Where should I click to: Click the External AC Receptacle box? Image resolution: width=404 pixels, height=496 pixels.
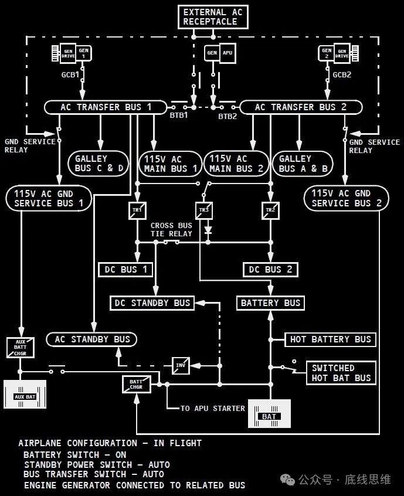pyautogui.click(x=213, y=17)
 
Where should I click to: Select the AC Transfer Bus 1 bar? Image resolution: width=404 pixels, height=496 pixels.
pyautogui.click(x=106, y=107)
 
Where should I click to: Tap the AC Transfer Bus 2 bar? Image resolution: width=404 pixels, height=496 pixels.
pyautogui.click(x=301, y=107)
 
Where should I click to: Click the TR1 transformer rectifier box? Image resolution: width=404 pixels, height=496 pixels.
pyautogui.click(x=137, y=210)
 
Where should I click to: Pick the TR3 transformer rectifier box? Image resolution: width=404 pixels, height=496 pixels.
pyautogui.click(x=204, y=210)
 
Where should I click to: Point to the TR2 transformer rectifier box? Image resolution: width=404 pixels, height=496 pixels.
pyautogui.click(x=270, y=210)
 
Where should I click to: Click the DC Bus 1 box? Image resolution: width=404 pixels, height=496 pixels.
pyautogui.click(x=125, y=270)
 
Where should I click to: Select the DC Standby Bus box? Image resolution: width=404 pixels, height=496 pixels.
pyautogui.click(x=152, y=303)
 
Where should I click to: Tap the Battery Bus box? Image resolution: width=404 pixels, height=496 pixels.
pyautogui.click(x=270, y=303)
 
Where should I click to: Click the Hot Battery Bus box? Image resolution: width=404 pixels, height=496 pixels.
pyautogui.click(x=330, y=339)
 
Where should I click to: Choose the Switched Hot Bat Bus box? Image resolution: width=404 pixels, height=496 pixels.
pyautogui.click(x=341, y=373)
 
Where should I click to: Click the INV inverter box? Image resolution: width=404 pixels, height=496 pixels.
pyautogui.click(x=181, y=366)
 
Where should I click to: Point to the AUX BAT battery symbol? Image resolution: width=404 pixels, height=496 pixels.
pyautogui.click(x=25, y=395)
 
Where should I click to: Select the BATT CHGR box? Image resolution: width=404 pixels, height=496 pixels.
pyautogui.click(x=137, y=385)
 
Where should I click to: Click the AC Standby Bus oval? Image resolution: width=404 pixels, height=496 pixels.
pyautogui.click(x=91, y=339)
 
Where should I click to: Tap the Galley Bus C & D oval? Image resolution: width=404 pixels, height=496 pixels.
pyautogui.click(x=99, y=163)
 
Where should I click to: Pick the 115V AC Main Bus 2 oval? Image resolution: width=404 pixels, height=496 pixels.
pyautogui.click(x=236, y=163)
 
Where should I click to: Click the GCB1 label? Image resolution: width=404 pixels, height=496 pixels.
pyautogui.click(x=70, y=75)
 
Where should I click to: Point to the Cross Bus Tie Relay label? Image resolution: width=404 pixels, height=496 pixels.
pyautogui.click(x=171, y=230)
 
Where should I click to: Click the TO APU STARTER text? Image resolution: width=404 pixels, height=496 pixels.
pyautogui.click(x=213, y=409)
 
